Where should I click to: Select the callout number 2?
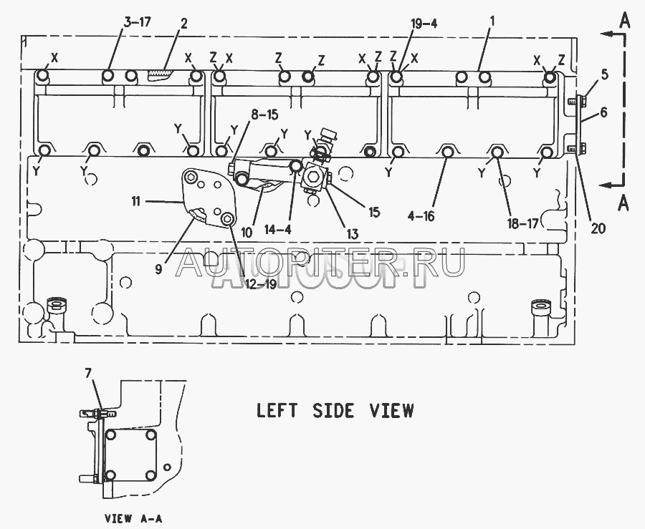pyautogui.click(x=184, y=23)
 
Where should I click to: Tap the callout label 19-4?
pyautogui.click(x=423, y=23)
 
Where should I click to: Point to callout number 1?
pyautogui.click(x=492, y=22)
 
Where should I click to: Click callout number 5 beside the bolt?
pyautogui.click(x=604, y=74)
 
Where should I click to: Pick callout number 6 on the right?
pyautogui.click(x=604, y=112)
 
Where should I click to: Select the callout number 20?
pyautogui.click(x=598, y=228)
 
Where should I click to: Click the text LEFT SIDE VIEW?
pyautogui.click(x=335, y=411)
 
